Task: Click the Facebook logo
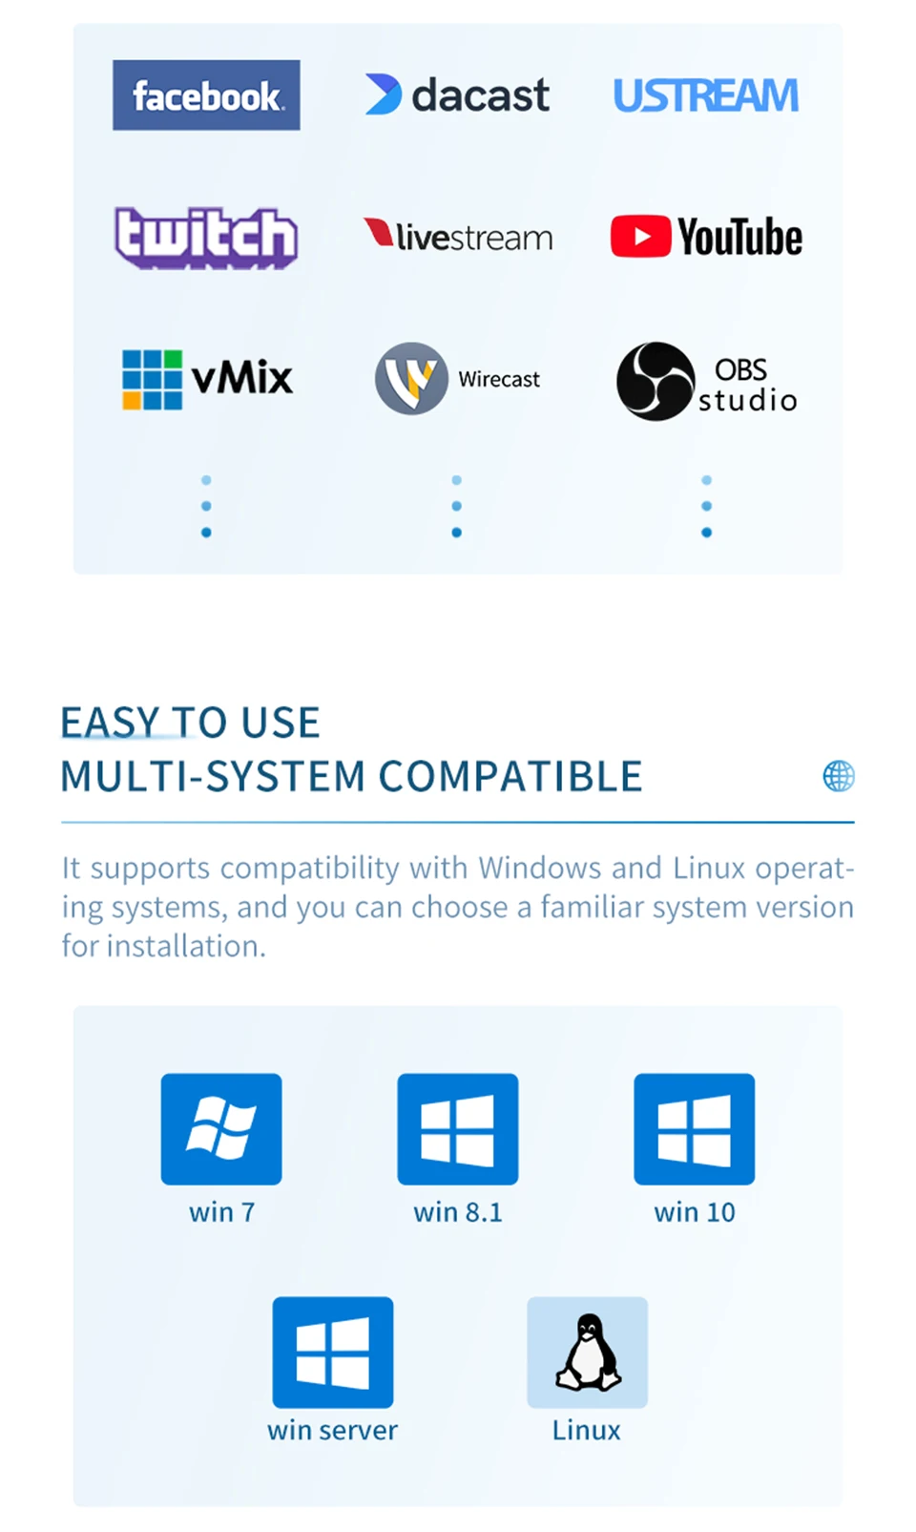(206, 95)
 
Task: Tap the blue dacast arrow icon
(383, 94)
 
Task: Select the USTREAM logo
(705, 95)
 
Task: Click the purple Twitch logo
(206, 237)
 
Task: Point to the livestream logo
(458, 236)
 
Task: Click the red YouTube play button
(640, 237)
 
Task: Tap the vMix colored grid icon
(152, 380)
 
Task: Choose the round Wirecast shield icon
(411, 379)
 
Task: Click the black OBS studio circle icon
(655, 381)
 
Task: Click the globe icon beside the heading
(839, 776)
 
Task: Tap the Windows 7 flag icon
(221, 1128)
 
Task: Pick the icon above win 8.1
(458, 1128)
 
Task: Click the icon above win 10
(695, 1128)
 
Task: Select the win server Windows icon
(333, 1352)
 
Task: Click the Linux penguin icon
(588, 1352)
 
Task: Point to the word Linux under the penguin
(586, 1430)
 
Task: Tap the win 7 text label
(221, 1212)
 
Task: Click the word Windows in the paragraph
(540, 868)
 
